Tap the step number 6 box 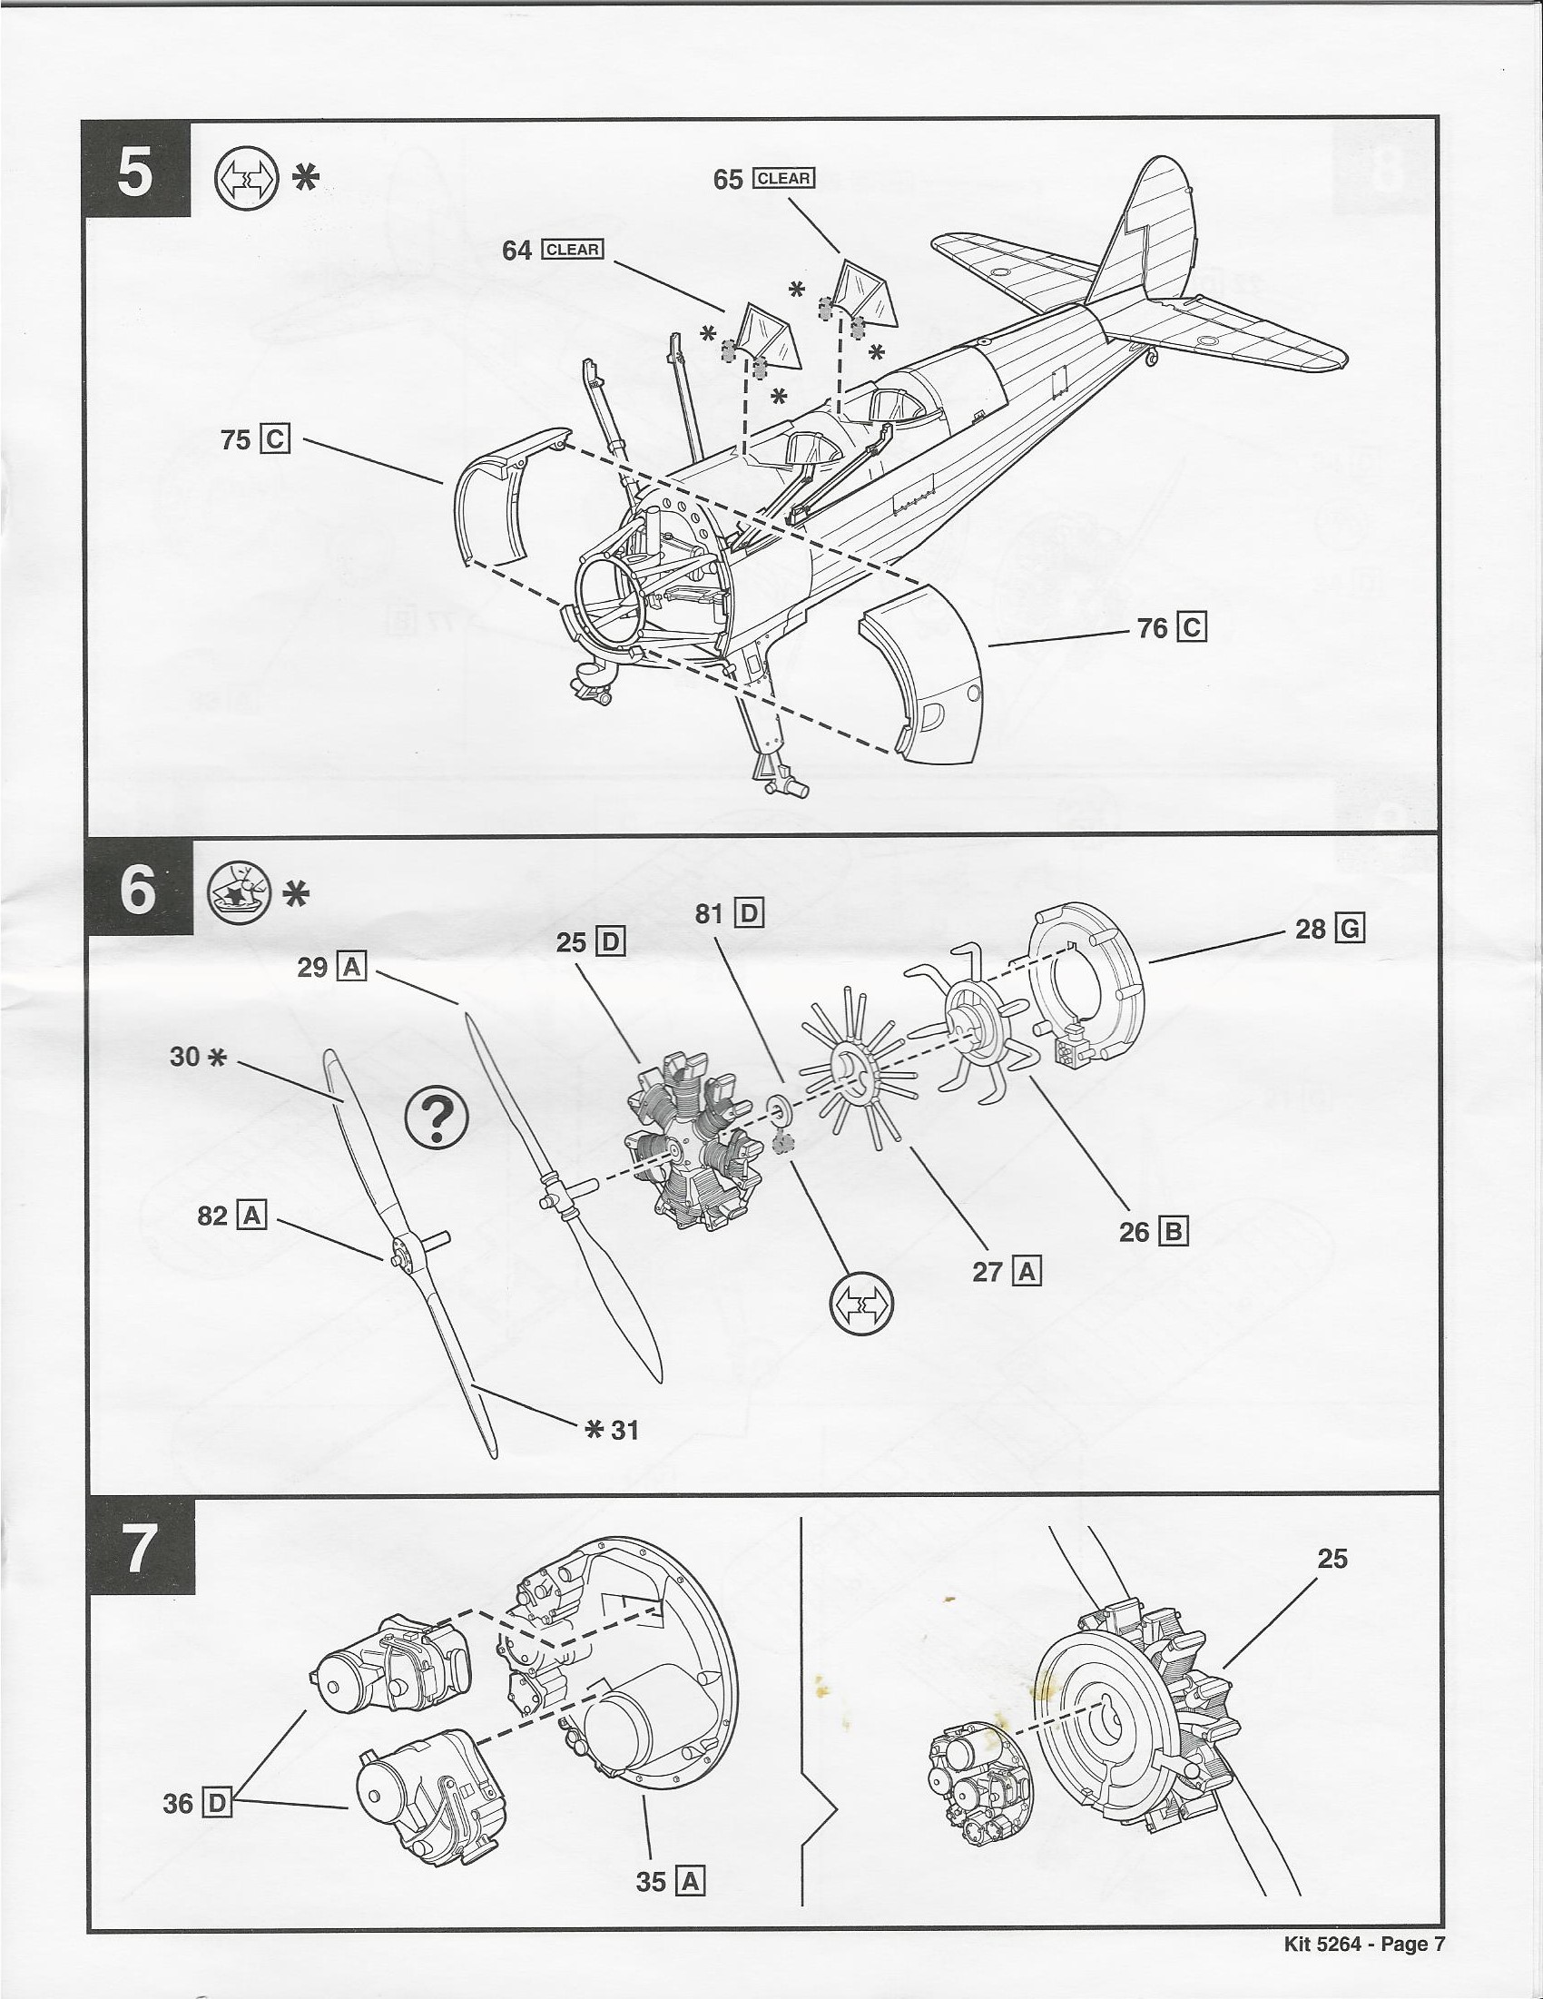(x=138, y=889)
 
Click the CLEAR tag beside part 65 (x=782, y=179)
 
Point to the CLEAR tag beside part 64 (x=572, y=250)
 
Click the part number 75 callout (x=235, y=440)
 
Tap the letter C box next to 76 (x=1192, y=628)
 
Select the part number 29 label (x=312, y=968)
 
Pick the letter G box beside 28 (x=1350, y=929)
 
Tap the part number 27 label (x=988, y=1271)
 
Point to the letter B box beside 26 (x=1174, y=1231)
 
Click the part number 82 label (x=211, y=1216)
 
